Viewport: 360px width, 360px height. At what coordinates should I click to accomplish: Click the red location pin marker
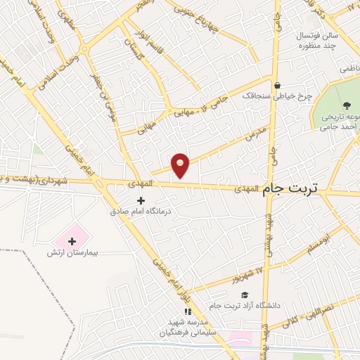pos(181,165)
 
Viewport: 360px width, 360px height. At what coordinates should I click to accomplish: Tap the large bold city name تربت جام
pos(290,188)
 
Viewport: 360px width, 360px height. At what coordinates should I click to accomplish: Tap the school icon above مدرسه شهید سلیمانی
pos(187,311)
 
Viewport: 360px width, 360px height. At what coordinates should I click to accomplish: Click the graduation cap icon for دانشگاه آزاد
pos(244,295)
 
